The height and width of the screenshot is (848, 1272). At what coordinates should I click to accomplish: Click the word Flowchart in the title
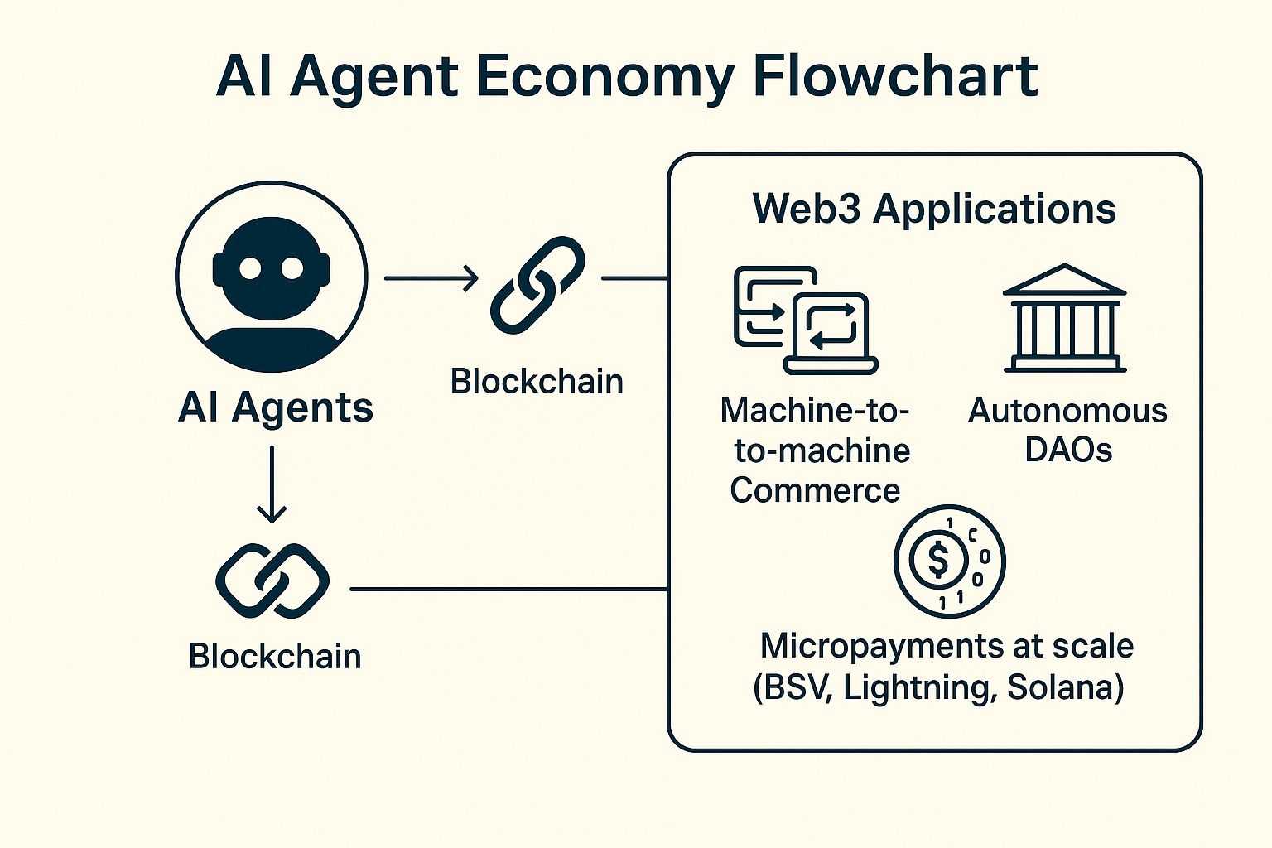[x=896, y=78]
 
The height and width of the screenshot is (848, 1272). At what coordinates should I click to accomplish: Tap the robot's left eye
[x=250, y=267]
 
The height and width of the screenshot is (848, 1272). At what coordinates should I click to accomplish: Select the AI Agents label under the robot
[x=276, y=407]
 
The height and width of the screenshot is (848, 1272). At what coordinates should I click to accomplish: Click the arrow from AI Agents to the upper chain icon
[x=431, y=278]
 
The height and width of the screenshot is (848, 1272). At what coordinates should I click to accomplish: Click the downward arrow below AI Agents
[x=272, y=484]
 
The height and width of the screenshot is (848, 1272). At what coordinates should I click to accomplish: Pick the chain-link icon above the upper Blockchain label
[x=537, y=285]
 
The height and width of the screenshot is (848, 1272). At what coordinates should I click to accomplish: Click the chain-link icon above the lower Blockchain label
[x=272, y=581]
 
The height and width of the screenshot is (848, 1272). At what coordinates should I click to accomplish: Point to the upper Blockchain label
[x=537, y=382]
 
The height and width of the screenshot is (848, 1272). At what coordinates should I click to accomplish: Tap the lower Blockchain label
[x=275, y=656]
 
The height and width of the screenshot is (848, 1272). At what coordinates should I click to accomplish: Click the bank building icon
[x=1064, y=319]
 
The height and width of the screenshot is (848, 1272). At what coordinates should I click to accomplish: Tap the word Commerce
[x=815, y=490]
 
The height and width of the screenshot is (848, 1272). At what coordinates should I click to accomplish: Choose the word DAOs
[x=1068, y=450]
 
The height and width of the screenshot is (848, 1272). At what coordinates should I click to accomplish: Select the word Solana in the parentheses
[x=1064, y=687]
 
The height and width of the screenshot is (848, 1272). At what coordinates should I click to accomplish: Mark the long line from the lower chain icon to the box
[x=508, y=590]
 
